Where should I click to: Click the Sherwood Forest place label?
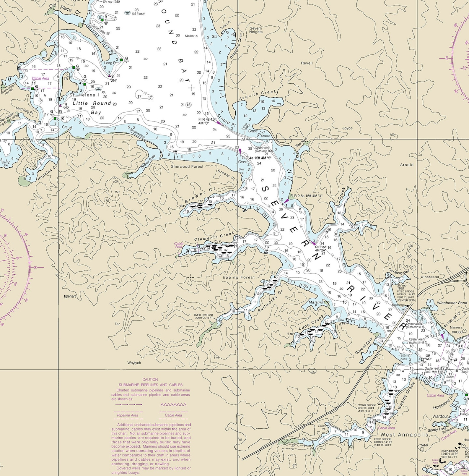coord(187,166)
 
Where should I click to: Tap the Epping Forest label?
coord(239,277)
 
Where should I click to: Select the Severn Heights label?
coord(256,30)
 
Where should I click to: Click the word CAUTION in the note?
coord(150,379)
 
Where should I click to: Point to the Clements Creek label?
coord(214,236)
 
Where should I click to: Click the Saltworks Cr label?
coord(270,301)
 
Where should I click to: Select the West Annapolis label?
coord(404,435)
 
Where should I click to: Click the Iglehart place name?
coord(70,296)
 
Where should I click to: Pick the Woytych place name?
coord(134,363)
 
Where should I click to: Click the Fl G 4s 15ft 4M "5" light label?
coord(256,158)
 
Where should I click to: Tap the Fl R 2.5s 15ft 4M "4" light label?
coord(306,196)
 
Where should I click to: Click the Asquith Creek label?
coord(258,95)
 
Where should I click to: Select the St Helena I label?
coord(82,95)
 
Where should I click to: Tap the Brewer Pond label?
coord(148,162)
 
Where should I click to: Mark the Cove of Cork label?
coord(364,346)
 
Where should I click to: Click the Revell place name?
coord(307,63)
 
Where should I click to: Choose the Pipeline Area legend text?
coord(128,415)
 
